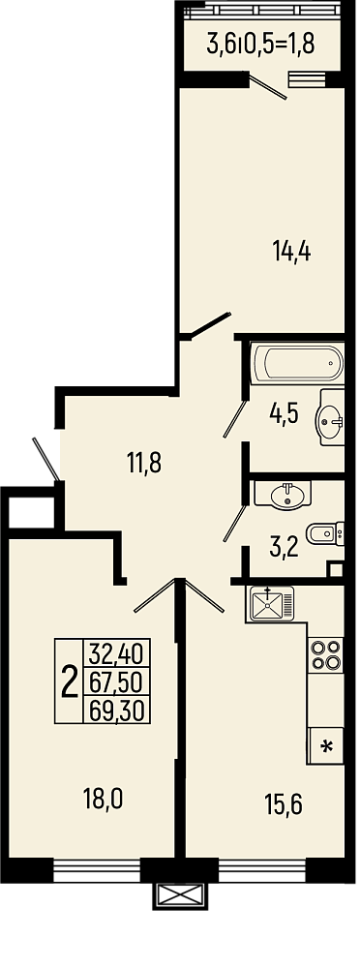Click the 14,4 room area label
pos(291,252)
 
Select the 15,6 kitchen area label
pos(285,805)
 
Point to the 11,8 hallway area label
pos(144,463)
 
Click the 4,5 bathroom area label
pos(285,413)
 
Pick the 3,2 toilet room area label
pos(285,547)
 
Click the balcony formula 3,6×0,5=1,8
pos(261,44)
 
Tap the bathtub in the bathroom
pos(297,363)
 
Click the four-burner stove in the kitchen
pos(325,655)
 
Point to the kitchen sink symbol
pos(270,604)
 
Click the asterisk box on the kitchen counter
pos(325,745)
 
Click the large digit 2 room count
pos(70,681)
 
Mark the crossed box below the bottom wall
pos(180,895)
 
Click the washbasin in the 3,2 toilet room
pos(284,494)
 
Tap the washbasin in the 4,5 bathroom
pos(332,417)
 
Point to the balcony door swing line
pos(268,86)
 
